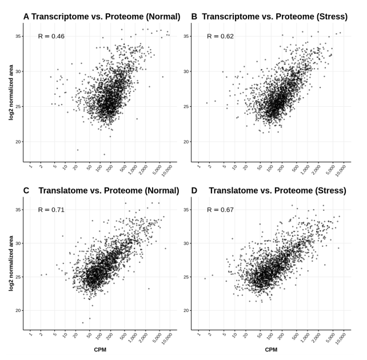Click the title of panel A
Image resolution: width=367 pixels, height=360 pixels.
point(101,17)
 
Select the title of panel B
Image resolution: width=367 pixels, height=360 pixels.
point(269,17)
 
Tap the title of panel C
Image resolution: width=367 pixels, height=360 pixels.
point(101,190)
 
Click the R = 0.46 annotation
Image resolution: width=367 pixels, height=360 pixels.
point(51,36)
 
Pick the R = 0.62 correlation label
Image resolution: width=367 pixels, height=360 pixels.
point(219,36)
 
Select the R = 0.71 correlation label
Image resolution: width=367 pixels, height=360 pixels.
point(51,210)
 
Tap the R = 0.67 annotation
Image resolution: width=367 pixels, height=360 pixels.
point(219,210)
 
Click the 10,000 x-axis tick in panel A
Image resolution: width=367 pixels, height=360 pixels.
point(166,169)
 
